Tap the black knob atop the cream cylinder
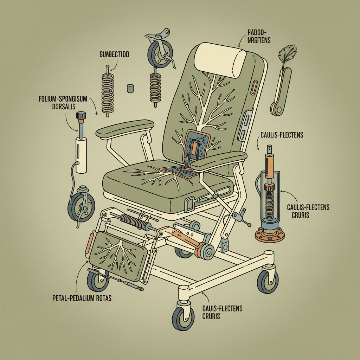(81, 116)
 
